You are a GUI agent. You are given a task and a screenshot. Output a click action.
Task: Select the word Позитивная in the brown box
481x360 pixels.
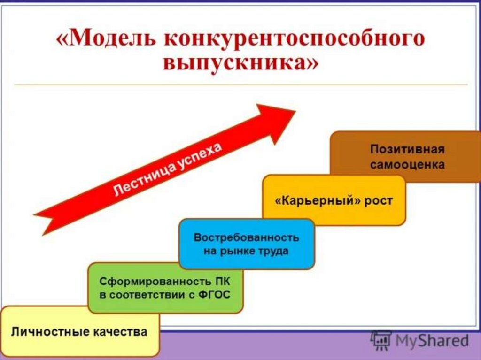tap(407, 150)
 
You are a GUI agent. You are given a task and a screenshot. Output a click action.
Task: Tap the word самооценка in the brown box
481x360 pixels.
tap(407, 165)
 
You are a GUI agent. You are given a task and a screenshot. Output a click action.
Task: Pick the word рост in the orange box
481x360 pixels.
tap(378, 202)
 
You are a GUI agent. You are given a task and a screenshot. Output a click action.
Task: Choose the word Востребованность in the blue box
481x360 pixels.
tap(246, 237)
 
